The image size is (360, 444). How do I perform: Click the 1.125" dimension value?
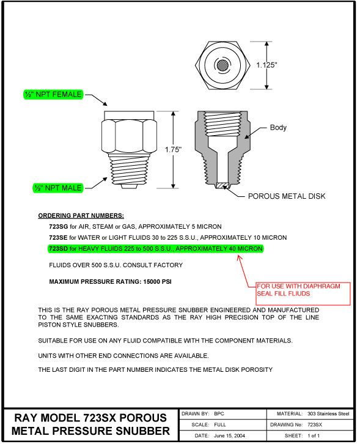[x=266, y=65]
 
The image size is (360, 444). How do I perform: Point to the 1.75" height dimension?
[x=173, y=149]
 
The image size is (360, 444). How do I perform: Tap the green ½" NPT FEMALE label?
[x=53, y=94]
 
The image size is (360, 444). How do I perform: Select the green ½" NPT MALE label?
[x=58, y=188]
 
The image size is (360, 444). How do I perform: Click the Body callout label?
[x=278, y=127]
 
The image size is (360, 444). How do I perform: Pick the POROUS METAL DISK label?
[x=287, y=196]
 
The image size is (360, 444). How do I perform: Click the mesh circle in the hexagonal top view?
[x=222, y=65]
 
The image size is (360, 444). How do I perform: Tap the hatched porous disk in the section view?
[x=222, y=185]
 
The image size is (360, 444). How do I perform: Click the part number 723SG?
[x=58, y=226]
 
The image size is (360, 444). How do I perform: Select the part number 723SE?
[x=58, y=237]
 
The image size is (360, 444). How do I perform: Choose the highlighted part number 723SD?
[x=58, y=249]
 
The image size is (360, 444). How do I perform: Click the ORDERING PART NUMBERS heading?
[x=81, y=216]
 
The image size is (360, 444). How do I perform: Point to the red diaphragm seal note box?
[x=303, y=294]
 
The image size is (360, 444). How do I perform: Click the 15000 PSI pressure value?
[x=157, y=282]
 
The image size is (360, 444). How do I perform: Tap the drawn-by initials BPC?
[x=219, y=413]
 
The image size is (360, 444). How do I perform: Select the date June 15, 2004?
[x=229, y=436]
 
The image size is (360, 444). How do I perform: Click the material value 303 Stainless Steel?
[x=328, y=413]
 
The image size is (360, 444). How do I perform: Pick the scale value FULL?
[x=220, y=425]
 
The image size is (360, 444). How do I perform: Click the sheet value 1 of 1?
[x=314, y=436]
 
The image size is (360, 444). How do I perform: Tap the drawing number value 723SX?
[x=315, y=425]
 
